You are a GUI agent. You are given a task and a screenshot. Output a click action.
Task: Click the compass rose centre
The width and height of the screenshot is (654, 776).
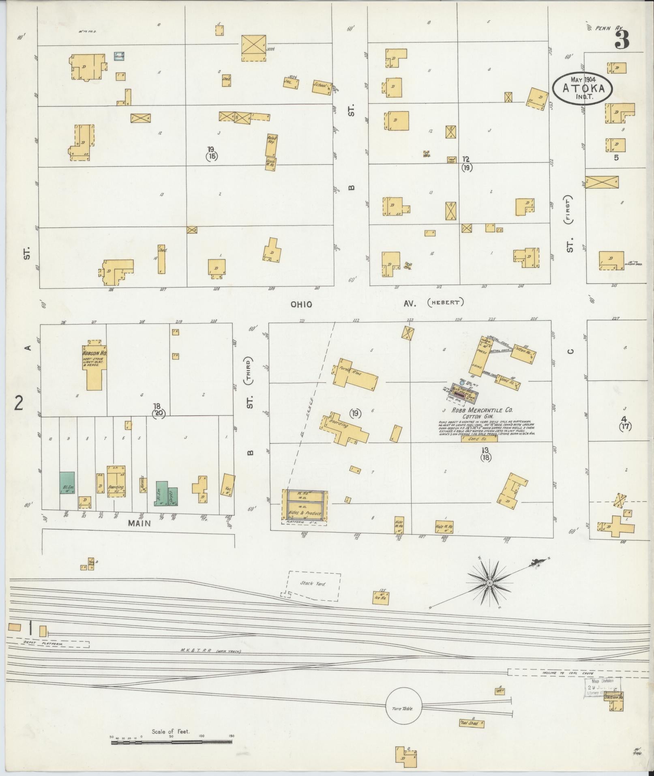489,583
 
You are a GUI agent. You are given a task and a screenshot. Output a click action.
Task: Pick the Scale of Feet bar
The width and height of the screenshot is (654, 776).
172,742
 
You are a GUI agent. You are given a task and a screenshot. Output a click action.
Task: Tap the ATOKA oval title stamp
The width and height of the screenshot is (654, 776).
582,89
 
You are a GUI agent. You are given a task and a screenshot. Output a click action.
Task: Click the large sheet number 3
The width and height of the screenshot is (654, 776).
622,39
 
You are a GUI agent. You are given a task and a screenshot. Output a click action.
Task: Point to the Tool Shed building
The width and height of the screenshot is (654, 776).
471,723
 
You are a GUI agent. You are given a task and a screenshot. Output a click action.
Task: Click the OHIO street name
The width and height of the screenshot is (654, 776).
301,304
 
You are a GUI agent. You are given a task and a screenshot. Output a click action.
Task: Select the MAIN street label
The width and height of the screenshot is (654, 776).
139,523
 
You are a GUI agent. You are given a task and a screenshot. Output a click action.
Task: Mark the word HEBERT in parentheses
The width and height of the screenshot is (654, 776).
445,302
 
